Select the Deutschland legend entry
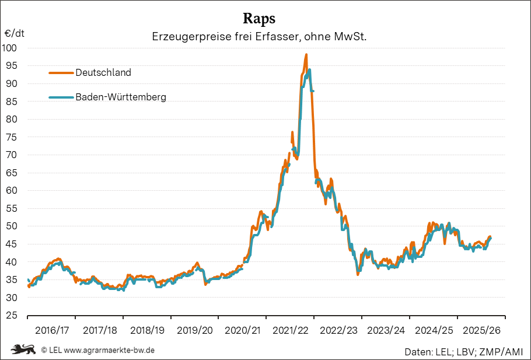(x=103, y=73)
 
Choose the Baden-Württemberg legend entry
(x=120, y=97)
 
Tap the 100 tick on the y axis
(x=11, y=48)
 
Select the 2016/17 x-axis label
(x=52, y=330)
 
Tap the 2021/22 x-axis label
(x=291, y=330)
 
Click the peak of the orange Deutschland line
(x=306, y=55)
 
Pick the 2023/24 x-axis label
(x=386, y=330)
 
